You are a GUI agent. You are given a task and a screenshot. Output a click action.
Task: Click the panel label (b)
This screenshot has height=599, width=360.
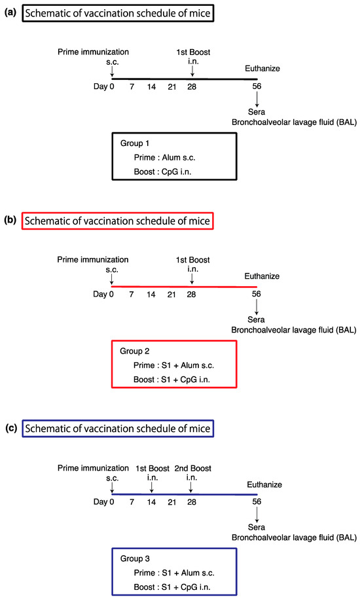point(11,221)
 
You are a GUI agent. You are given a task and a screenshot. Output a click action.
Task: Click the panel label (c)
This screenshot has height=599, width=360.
point(11,428)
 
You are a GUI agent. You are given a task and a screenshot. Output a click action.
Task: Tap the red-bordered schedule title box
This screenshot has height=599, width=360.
point(117,221)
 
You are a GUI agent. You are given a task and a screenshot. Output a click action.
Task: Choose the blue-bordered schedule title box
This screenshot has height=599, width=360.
point(117,429)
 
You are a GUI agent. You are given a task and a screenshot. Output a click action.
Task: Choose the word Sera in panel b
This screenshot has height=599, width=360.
point(257,319)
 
